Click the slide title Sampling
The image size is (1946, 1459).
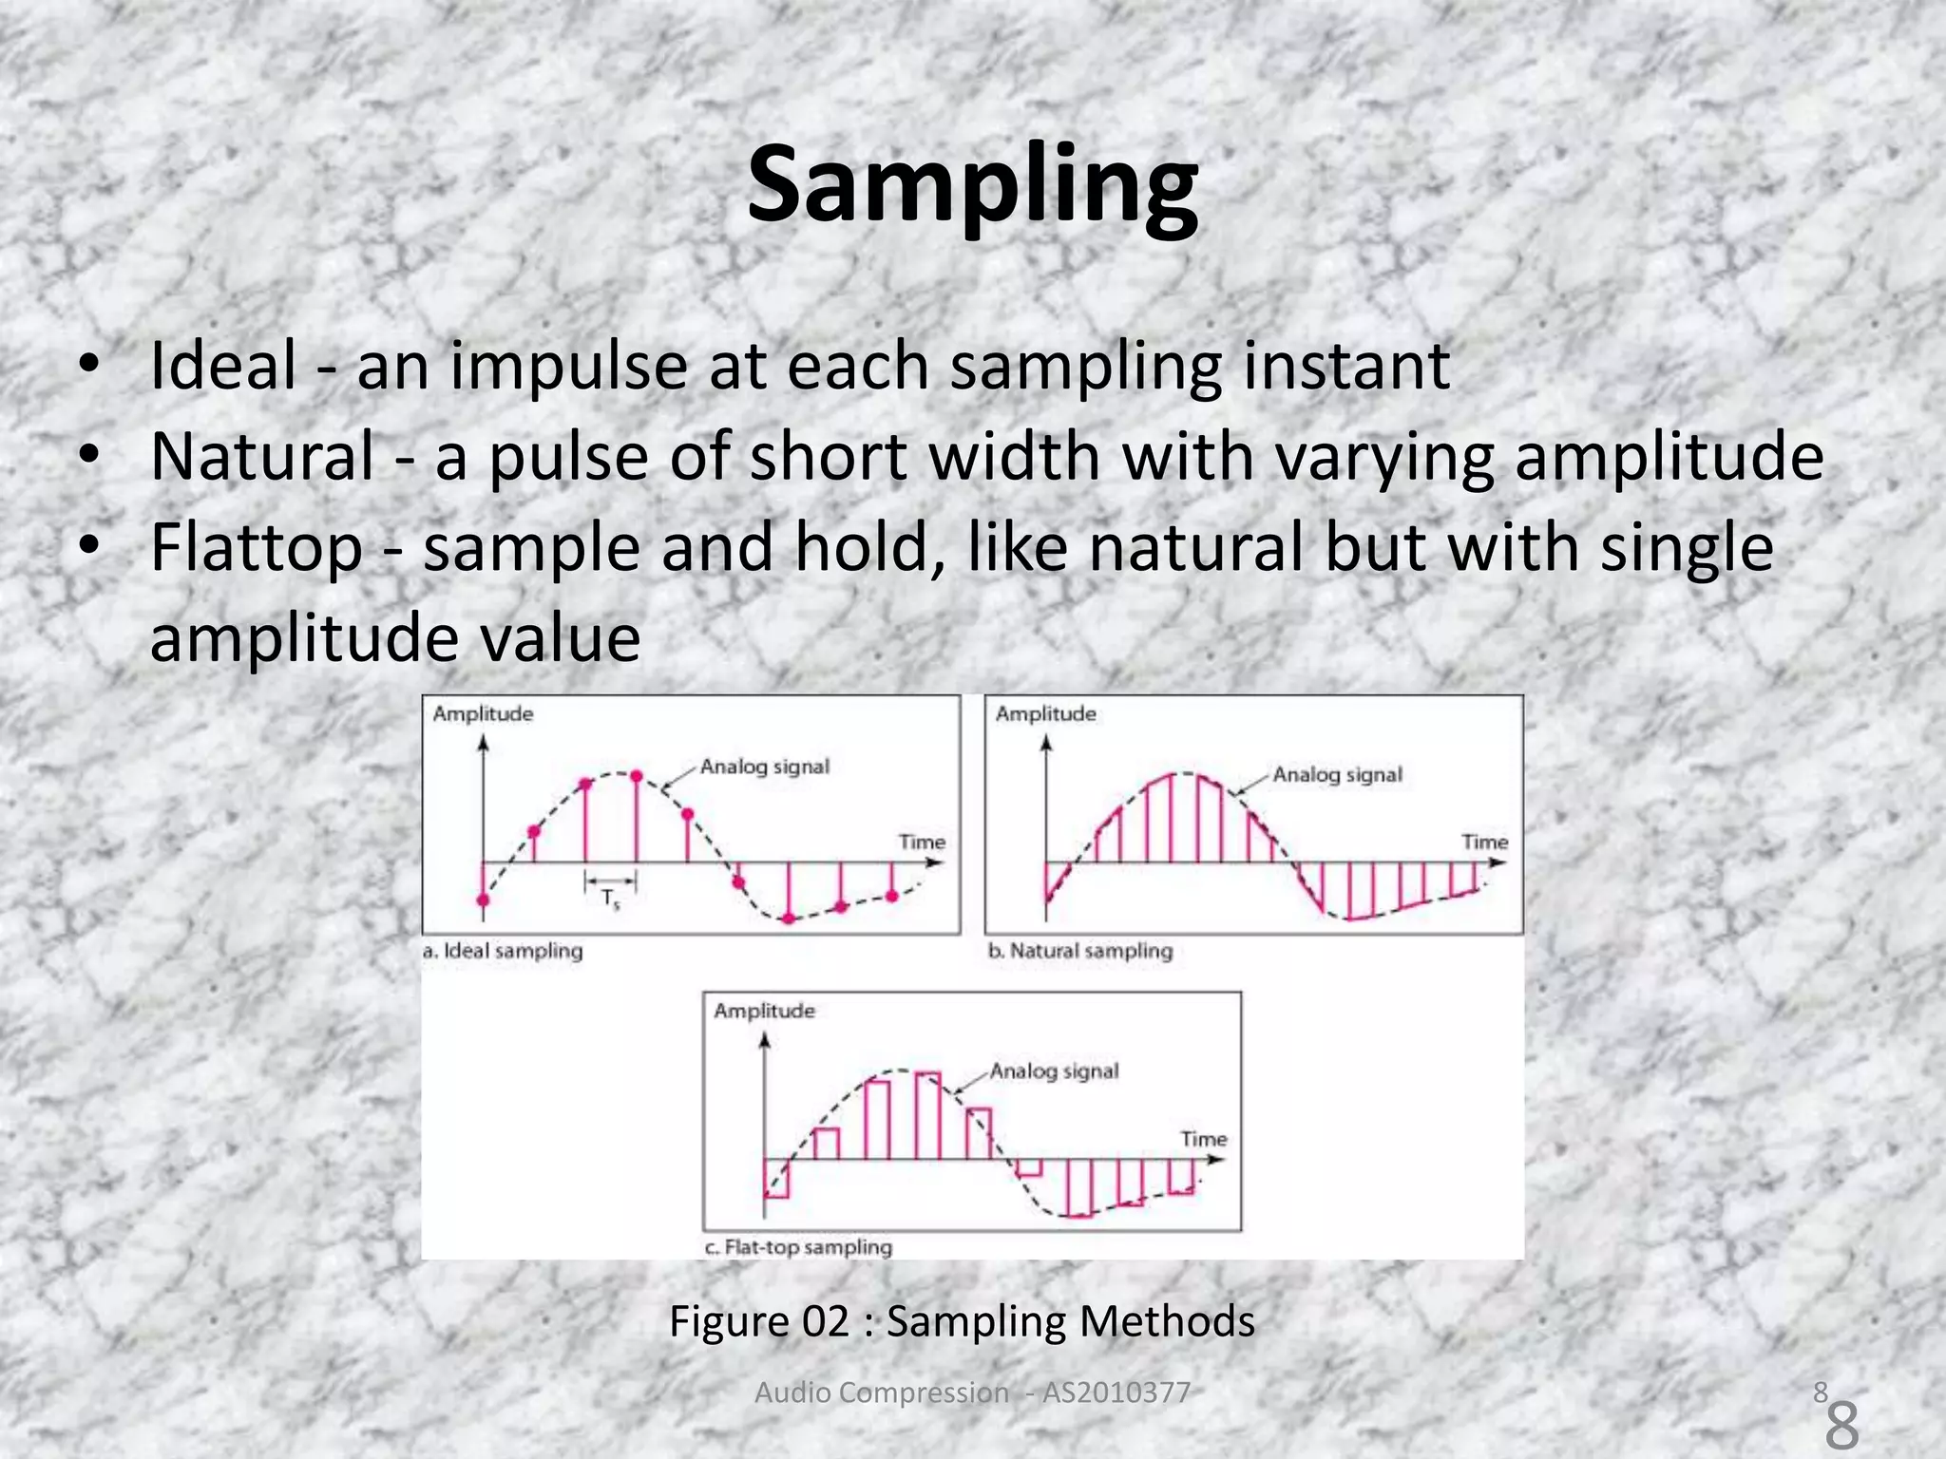(x=972, y=184)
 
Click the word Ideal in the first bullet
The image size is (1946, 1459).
(x=223, y=366)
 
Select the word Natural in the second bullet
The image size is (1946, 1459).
(x=262, y=457)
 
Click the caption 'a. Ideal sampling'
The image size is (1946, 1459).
(x=503, y=951)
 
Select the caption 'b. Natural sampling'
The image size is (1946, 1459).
(x=1080, y=951)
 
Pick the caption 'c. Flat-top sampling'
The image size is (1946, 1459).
(x=798, y=1247)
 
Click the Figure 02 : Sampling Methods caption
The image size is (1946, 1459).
(x=962, y=1321)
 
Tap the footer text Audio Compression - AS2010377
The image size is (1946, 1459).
(x=972, y=1393)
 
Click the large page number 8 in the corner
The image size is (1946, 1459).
(x=1841, y=1426)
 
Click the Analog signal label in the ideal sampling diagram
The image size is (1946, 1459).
(x=765, y=767)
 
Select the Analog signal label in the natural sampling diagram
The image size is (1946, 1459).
(x=1337, y=775)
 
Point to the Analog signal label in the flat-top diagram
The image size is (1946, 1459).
(x=1054, y=1071)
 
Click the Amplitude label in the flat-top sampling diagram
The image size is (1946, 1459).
(x=764, y=1011)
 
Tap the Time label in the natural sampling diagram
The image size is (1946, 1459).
(x=1484, y=842)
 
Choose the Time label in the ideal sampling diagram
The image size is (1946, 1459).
(x=922, y=842)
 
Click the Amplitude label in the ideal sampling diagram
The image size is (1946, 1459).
(x=483, y=713)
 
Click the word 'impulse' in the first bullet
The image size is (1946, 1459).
(x=568, y=367)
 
